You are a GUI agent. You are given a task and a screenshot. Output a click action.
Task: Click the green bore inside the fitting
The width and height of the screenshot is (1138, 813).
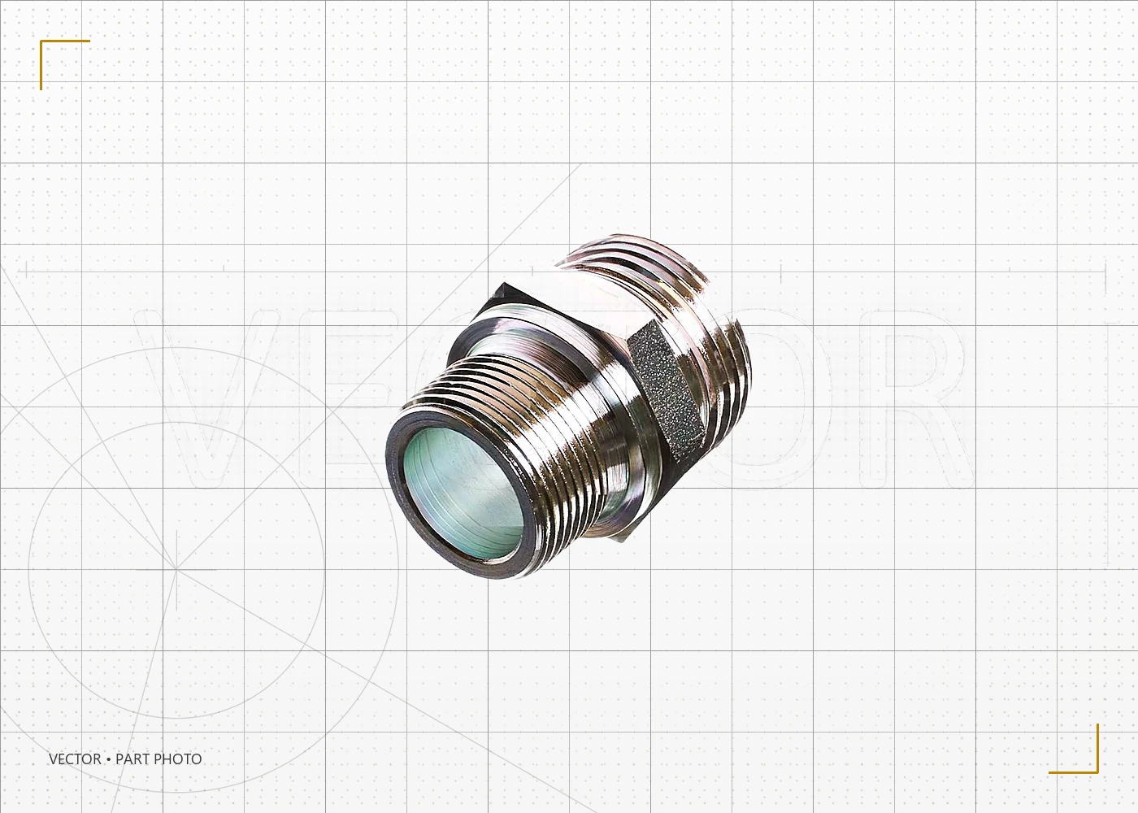(x=463, y=494)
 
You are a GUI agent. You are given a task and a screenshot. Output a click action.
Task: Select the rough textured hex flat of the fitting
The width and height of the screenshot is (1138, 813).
(x=667, y=393)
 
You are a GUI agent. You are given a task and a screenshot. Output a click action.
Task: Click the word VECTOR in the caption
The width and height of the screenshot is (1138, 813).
(x=75, y=759)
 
